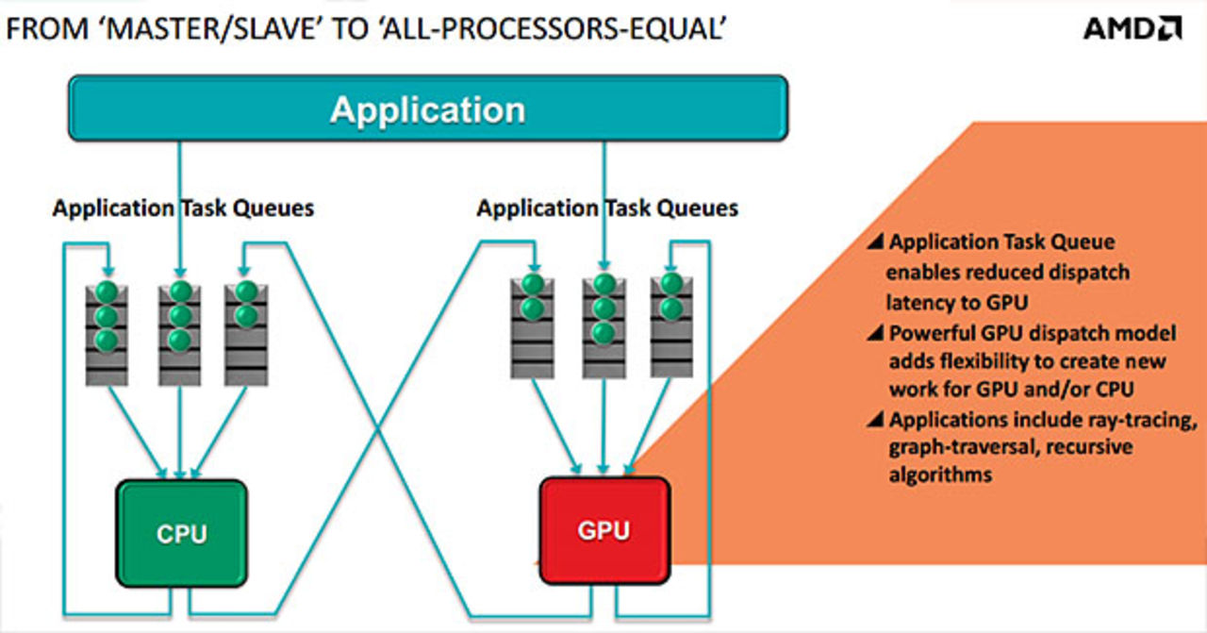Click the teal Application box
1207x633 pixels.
(x=427, y=108)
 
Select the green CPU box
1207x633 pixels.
(x=181, y=533)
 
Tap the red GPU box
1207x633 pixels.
(x=603, y=529)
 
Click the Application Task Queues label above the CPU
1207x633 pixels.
(x=183, y=208)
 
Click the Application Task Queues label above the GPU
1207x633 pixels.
(x=607, y=208)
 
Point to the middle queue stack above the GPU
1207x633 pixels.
(x=604, y=325)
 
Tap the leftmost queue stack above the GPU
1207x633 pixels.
(x=532, y=325)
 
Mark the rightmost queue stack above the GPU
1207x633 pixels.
(x=671, y=325)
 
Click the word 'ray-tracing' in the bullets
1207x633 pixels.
(x=1148, y=419)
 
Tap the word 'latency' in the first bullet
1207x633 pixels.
(x=918, y=302)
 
